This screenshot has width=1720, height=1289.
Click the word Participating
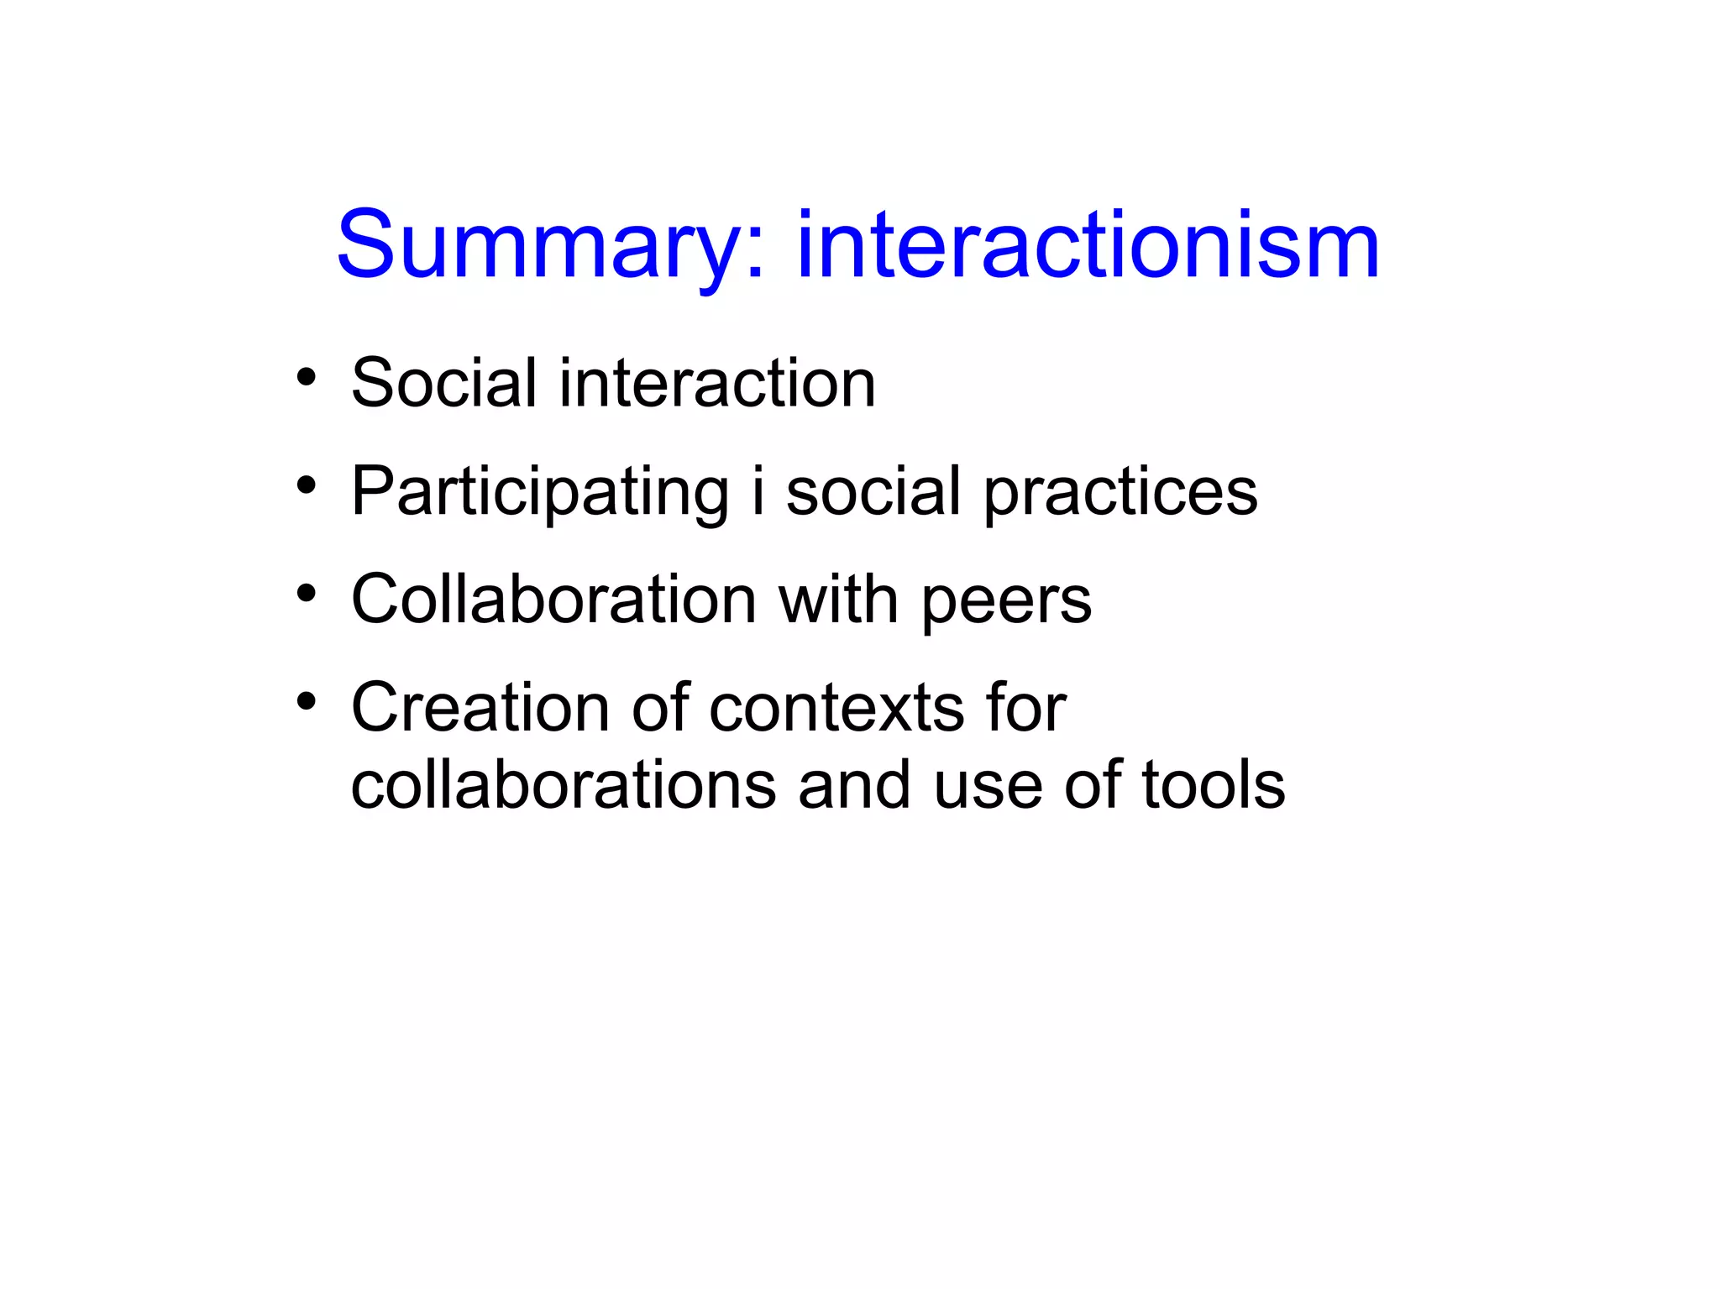tap(539, 492)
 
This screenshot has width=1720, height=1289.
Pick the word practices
tap(1120, 492)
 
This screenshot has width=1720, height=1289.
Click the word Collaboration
tap(553, 600)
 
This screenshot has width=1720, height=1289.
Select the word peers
tap(1006, 601)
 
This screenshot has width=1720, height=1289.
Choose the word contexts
tap(836, 707)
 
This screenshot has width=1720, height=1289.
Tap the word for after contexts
tap(1025, 707)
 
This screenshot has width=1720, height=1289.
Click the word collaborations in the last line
tap(563, 785)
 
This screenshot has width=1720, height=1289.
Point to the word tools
tap(1214, 785)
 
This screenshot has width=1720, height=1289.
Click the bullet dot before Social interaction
tap(307, 377)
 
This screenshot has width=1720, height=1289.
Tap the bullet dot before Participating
tap(307, 485)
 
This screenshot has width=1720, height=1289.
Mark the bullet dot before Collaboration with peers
tap(307, 594)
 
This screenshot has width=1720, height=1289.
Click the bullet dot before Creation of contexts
tap(307, 701)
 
